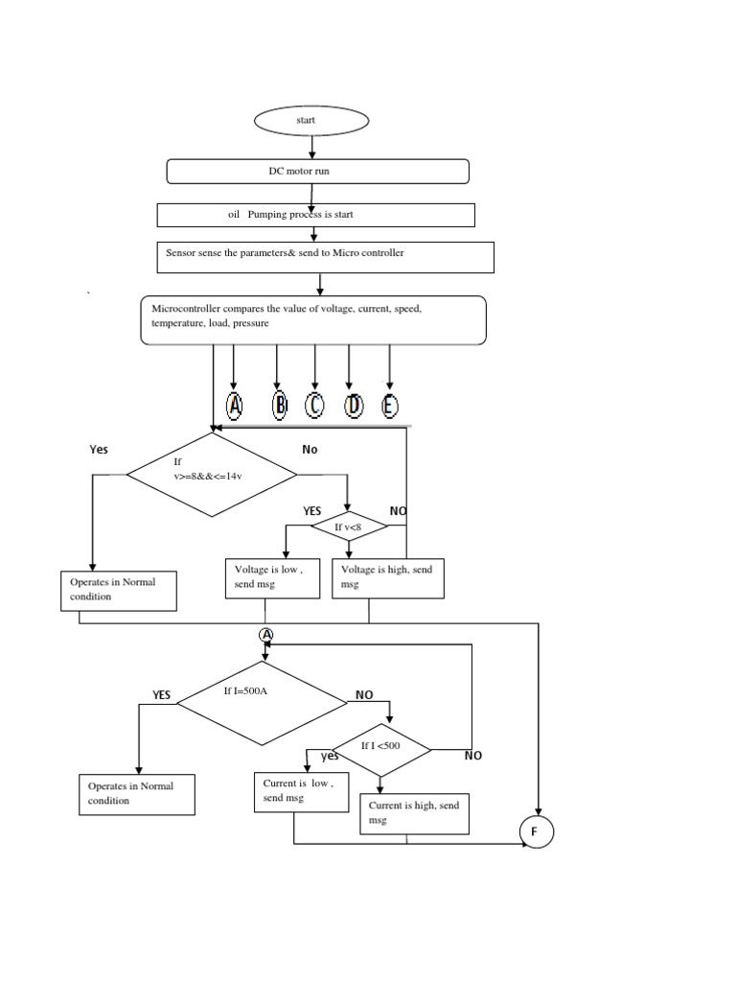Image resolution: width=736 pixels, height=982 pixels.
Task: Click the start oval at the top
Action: (x=311, y=120)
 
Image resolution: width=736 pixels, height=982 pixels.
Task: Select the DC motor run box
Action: (x=318, y=171)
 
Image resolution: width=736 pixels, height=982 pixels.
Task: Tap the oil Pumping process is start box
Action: (x=315, y=215)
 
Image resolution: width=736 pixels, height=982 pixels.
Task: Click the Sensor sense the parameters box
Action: (x=325, y=256)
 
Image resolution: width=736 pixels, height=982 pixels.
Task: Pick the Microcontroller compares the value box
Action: (x=313, y=319)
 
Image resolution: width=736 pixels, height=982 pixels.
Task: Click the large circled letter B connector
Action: (x=279, y=406)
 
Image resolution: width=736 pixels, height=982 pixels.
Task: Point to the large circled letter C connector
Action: (x=314, y=406)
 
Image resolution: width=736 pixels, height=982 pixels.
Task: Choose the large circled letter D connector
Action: (x=354, y=406)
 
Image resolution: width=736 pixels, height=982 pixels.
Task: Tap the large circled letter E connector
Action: (x=389, y=406)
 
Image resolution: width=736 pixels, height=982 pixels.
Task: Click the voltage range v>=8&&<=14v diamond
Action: (x=213, y=474)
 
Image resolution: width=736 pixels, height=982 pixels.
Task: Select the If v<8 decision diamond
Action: (x=348, y=526)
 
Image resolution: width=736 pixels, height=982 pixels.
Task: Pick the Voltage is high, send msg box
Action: (x=388, y=578)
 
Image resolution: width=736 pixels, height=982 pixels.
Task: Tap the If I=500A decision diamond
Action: (x=263, y=704)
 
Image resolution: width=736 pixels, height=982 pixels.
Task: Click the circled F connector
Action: (x=535, y=831)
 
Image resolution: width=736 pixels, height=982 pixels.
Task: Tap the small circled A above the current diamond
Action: (x=266, y=635)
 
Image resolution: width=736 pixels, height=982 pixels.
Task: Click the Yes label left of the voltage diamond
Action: (x=99, y=449)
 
